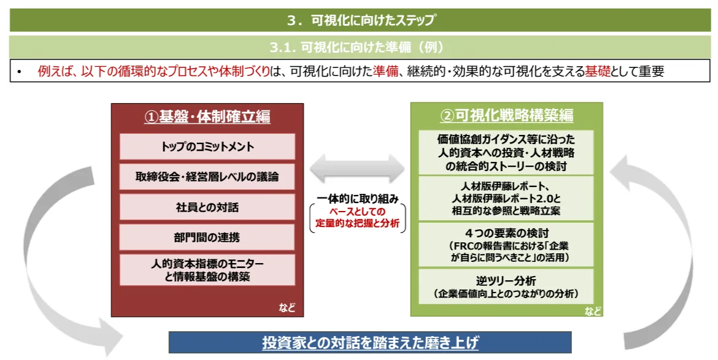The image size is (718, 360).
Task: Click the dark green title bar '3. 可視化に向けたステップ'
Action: [x=359, y=20]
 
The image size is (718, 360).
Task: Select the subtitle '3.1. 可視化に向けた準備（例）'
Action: [x=359, y=47]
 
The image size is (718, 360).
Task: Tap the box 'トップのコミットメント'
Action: [x=207, y=147]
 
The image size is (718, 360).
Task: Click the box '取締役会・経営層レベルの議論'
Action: [x=207, y=177]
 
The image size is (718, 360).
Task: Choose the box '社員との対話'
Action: [x=207, y=207]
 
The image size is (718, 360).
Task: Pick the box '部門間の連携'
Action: [x=207, y=237]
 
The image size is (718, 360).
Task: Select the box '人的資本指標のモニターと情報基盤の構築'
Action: [x=207, y=270]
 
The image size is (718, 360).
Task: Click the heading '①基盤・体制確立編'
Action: [x=207, y=117]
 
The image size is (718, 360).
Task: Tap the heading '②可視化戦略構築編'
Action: [x=506, y=116]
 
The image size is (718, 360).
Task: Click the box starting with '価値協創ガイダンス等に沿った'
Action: [x=506, y=152]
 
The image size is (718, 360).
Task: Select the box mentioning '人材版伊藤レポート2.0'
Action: [x=506, y=198]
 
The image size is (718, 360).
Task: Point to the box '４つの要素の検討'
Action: [x=506, y=244]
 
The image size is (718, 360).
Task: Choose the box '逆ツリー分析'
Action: [x=506, y=286]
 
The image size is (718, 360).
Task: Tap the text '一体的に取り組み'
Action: [x=358, y=199]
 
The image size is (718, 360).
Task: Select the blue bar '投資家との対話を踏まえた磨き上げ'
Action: [x=370, y=342]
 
